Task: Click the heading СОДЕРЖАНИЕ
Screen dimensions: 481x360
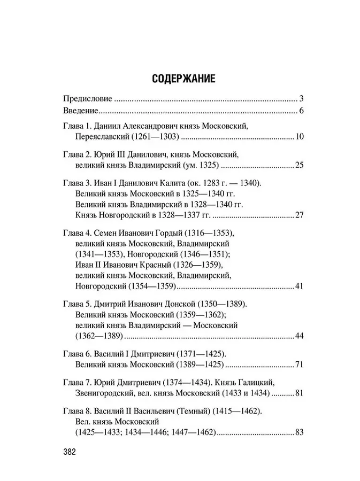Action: (183, 79)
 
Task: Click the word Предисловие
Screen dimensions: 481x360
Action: (88, 99)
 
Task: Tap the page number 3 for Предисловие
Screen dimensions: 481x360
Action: (301, 99)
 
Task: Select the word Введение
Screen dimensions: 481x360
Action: (80, 111)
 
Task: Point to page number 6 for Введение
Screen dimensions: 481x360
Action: (301, 111)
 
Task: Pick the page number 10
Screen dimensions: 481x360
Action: (299, 137)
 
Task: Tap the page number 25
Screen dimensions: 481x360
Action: (299, 164)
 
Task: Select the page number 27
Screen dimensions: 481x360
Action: (299, 215)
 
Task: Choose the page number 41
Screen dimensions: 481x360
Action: (299, 287)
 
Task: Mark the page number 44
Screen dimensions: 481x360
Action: (299, 337)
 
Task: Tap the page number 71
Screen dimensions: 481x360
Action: (299, 365)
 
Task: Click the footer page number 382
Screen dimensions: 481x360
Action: (70, 452)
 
